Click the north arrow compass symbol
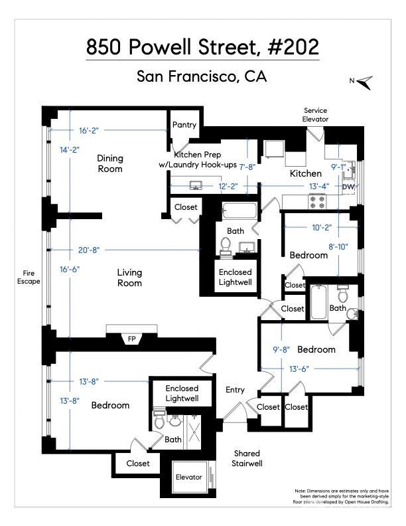point(364,82)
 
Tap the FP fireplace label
point(132,339)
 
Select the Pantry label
point(184,125)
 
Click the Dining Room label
point(110,163)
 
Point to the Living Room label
point(129,278)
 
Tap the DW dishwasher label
point(348,187)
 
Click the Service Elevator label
point(315,115)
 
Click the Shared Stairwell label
point(247,458)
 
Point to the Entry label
point(236,390)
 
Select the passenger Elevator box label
point(188,477)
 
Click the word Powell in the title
point(180,47)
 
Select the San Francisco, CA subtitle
point(202,76)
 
